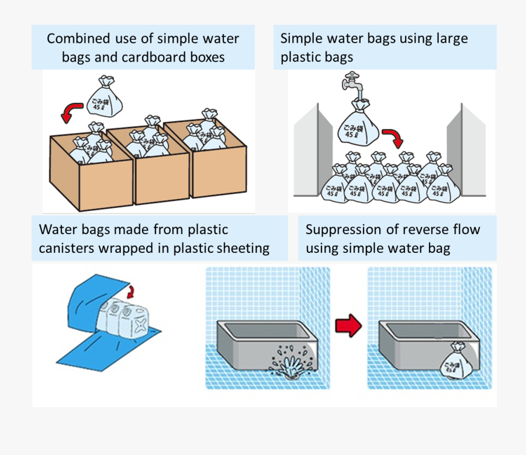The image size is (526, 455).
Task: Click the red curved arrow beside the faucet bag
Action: coord(392,138)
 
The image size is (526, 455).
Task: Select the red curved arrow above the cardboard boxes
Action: coord(72,111)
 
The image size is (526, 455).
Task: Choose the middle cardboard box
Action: coord(158,169)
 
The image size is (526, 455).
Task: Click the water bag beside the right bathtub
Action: coord(456,363)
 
